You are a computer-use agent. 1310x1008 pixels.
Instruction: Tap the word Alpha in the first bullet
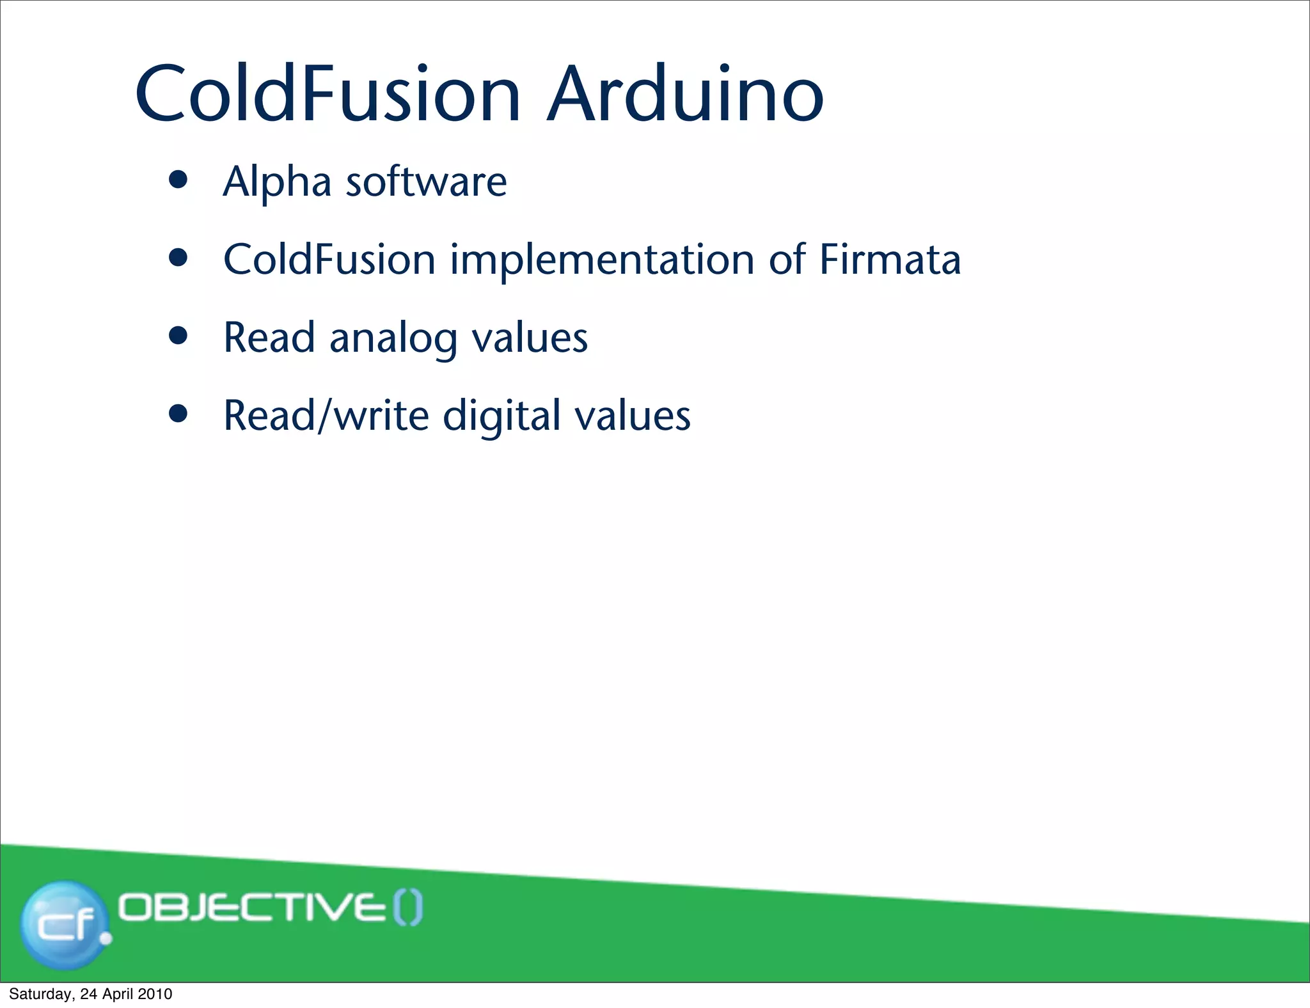[x=276, y=182]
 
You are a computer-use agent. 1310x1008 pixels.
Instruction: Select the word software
[x=426, y=182]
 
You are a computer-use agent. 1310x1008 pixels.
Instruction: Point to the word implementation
[x=602, y=261]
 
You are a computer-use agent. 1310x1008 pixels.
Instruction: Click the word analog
[x=393, y=339]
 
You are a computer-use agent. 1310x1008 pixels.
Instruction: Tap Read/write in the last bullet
[x=326, y=417]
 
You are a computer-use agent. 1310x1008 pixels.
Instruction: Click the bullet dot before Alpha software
[x=178, y=180]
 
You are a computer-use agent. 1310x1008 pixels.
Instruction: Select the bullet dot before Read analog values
[x=178, y=336]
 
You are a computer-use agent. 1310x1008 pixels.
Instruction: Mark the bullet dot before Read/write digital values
[x=178, y=414]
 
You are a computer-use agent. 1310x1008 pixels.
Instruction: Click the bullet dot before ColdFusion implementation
[x=178, y=258]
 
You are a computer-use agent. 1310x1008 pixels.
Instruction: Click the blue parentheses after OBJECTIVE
[x=407, y=908]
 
